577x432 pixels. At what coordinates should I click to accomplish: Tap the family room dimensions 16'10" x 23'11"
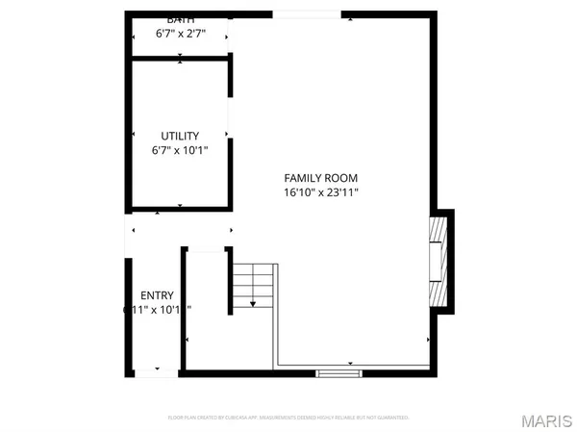point(320,192)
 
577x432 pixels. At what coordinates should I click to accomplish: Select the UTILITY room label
point(180,136)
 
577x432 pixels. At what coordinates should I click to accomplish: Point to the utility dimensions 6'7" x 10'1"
point(180,150)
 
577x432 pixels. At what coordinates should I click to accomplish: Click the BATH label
point(180,20)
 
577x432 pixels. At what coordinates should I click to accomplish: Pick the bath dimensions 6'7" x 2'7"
point(180,34)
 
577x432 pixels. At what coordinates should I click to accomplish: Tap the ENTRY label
point(157,295)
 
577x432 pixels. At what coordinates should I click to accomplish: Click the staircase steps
point(253,286)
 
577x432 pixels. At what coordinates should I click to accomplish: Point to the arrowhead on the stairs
point(253,303)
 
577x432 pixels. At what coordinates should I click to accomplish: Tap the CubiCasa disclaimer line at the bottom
point(288,418)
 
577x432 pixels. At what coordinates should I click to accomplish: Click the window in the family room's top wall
point(313,13)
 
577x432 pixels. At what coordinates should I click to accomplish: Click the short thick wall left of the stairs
point(230,280)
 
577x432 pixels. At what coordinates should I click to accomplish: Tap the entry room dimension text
point(157,310)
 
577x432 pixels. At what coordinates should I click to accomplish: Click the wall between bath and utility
point(180,59)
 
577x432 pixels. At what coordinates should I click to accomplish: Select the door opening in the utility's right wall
point(230,117)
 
